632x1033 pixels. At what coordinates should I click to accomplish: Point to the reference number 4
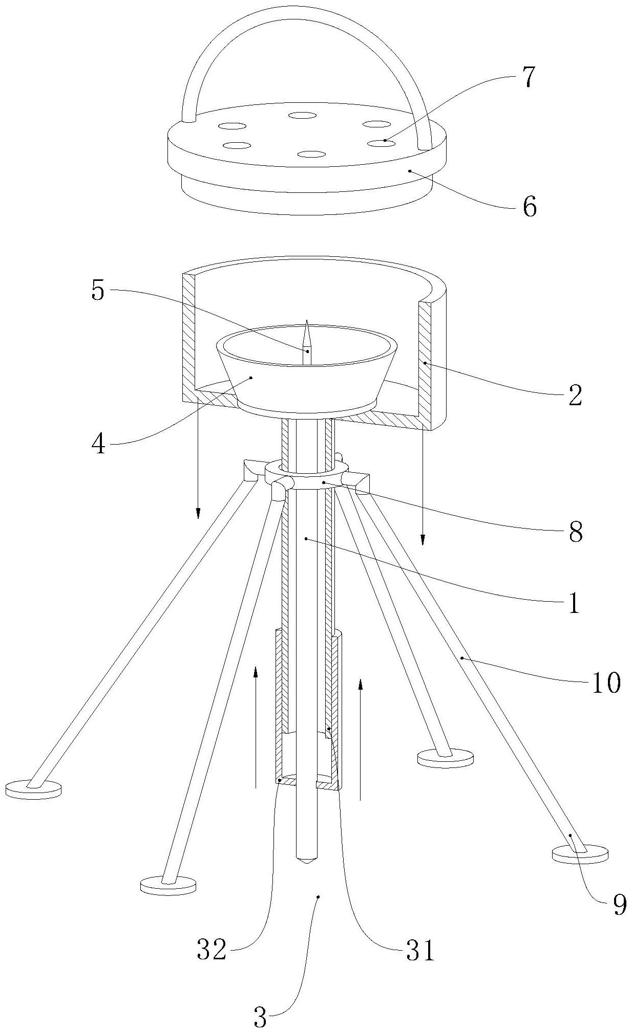coord(98,444)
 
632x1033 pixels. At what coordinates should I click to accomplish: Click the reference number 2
coord(575,395)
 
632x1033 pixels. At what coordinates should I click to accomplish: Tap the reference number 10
coord(605,682)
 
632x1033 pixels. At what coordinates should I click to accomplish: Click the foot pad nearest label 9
coord(580,854)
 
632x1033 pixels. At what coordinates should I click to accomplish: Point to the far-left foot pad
coord(33,788)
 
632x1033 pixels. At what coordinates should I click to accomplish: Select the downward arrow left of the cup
coord(198,512)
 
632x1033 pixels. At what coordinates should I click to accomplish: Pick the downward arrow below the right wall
coord(423,540)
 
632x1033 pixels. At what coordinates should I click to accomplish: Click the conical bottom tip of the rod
coord(306,860)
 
